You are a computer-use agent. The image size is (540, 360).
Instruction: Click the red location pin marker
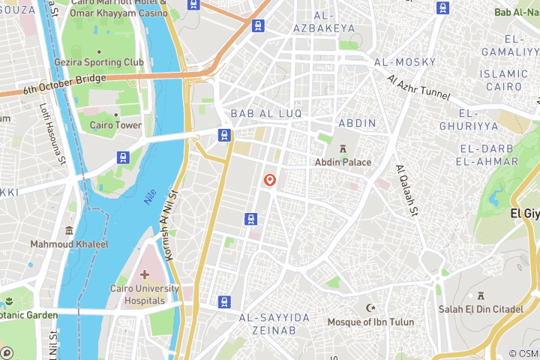point(270,181)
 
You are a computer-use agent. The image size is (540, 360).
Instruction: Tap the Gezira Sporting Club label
point(108,62)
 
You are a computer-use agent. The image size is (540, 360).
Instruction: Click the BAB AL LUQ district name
point(266,113)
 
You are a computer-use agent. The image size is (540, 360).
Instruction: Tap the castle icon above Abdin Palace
point(343,148)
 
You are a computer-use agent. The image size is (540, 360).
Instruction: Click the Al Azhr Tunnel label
point(418,88)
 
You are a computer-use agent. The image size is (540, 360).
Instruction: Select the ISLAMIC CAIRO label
point(504,80)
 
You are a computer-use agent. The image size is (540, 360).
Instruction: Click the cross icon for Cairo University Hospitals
point(145,274)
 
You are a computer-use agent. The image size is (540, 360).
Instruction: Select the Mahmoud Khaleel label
point(69,244)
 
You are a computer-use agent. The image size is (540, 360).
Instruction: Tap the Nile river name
point(150,197)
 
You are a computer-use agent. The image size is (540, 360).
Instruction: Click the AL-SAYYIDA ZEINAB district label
point(274,324)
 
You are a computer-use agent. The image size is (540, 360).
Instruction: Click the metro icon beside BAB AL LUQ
point(223,135)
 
